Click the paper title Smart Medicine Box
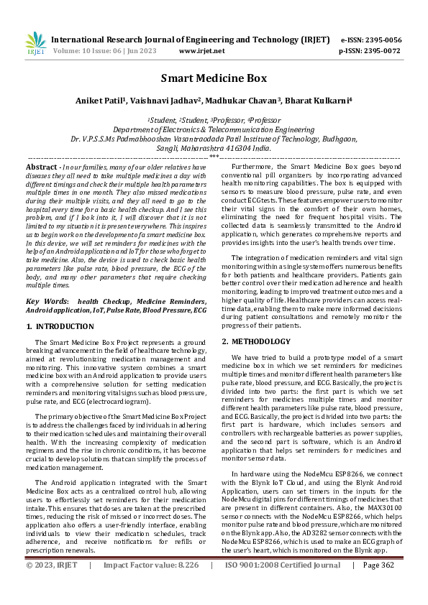(x=214, y=78)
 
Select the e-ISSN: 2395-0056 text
(x=371, y=40)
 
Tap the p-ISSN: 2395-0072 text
(x=371, y=51)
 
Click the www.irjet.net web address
(x=201, y=51)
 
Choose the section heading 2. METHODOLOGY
(x=256, y=341)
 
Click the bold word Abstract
(x=41, y=166)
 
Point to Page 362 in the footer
(x=382, y=585)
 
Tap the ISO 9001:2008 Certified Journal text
(x=283, y=585)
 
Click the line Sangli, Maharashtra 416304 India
(x=214, y=147)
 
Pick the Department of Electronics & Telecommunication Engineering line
(x=214, y=129)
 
